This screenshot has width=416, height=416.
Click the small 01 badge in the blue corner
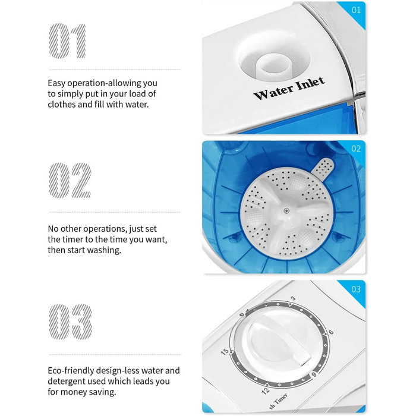tap(356, 10)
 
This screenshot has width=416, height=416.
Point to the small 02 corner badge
tap(356, 149)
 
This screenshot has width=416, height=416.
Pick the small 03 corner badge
tap(356, 289)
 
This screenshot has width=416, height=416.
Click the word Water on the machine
tap(273, 93)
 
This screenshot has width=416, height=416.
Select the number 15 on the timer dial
tap(224, 352)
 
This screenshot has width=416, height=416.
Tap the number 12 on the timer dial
tap(265, 390)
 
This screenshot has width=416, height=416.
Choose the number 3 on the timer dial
tap(292, 298)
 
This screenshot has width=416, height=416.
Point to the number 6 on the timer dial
tap(331, 333)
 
